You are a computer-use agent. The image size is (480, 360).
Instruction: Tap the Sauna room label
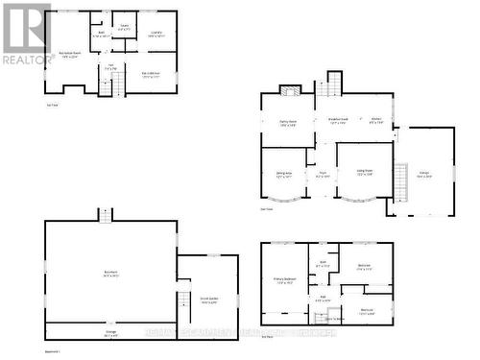(x=125, y=28)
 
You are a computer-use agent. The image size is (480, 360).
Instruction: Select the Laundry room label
(x=156, y=35)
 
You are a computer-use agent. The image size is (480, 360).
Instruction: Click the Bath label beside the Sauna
(x=102, y=34)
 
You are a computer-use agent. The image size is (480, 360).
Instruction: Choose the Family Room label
(x=288, y=122)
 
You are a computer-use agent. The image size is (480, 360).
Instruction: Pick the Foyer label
(x=323, y=175)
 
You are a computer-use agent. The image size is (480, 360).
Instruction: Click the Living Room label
(x=364, y=174)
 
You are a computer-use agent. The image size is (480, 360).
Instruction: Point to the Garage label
(x=423, y=176)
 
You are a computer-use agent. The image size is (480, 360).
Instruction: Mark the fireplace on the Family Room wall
(x=290, y=90)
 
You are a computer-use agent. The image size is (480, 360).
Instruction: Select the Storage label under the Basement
(x=111, y=333)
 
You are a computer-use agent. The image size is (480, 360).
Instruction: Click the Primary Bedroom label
(x=284, y=282)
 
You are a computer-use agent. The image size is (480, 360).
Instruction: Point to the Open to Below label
(x=334, y=318)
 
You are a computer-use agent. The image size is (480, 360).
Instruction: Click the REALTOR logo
(x=26, y=34)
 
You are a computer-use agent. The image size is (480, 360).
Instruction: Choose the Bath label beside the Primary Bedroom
(x=323, y=263)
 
